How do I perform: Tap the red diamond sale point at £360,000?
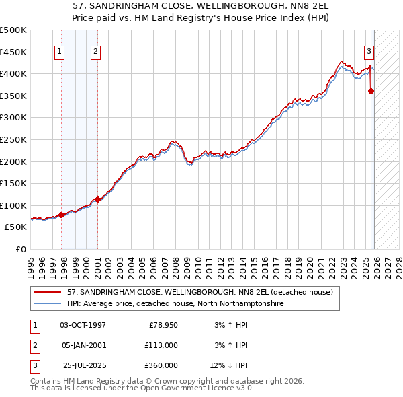(371, 92)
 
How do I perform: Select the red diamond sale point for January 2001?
(97, 199)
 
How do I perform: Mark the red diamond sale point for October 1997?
(61, 215)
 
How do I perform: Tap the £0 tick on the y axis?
(20, 249)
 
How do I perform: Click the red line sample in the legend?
(47, 293)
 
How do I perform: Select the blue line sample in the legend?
(47, 304)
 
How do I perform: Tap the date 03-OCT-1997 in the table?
(83, 325)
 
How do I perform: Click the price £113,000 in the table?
(161, 345)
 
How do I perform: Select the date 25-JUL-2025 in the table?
(83, 365)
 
